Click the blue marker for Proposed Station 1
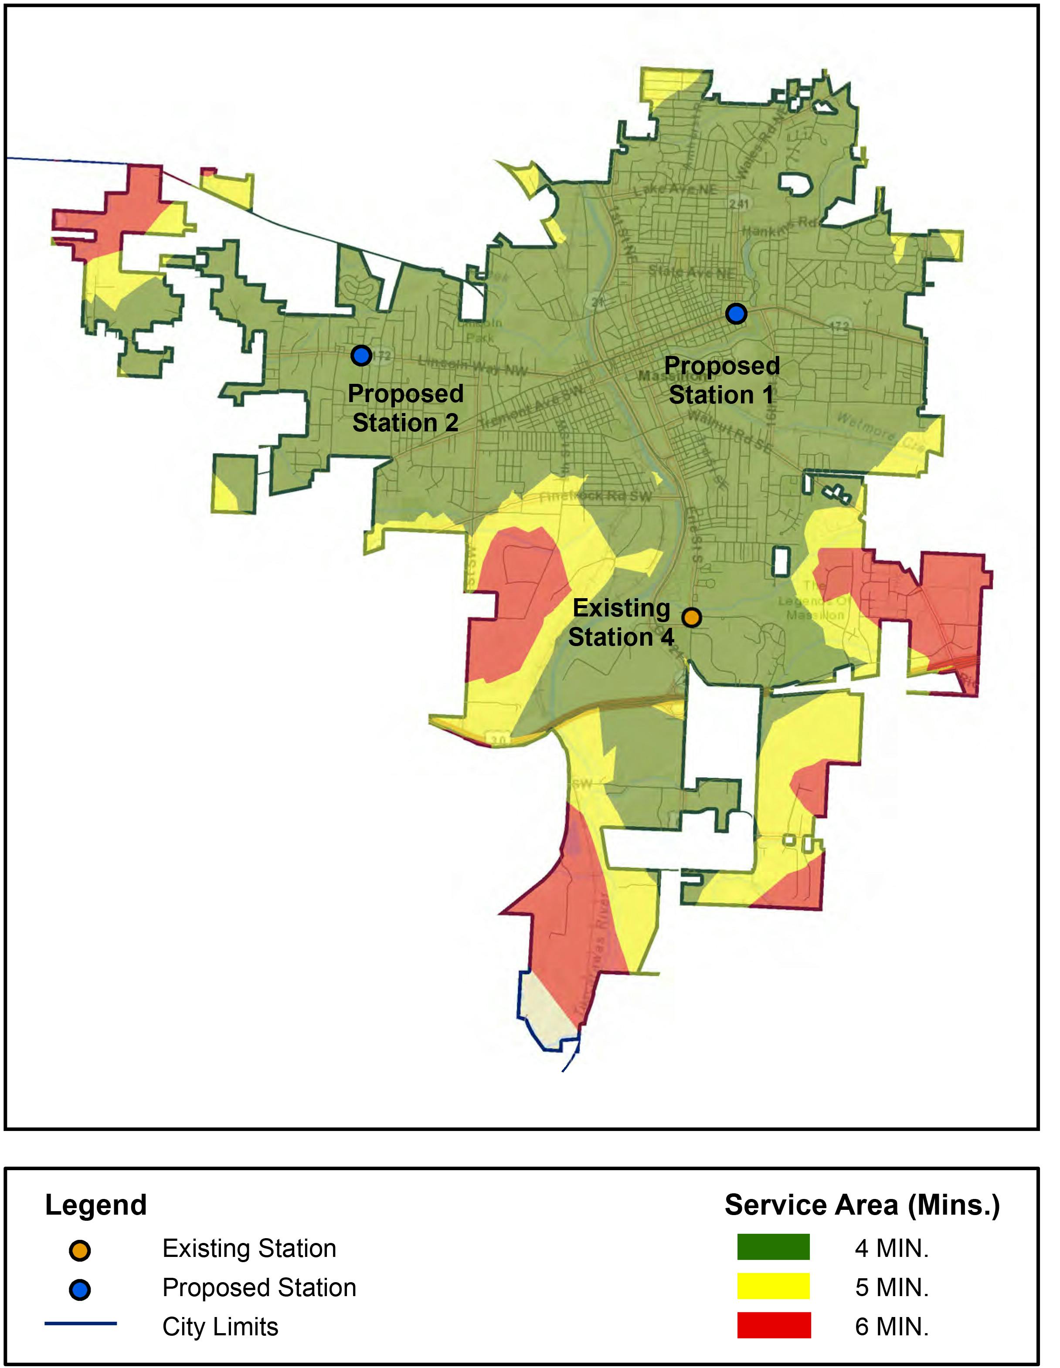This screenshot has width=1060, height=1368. coord(736,313)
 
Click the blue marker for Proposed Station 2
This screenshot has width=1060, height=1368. coord(361,356)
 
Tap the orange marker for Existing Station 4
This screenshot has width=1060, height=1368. coord(691,618)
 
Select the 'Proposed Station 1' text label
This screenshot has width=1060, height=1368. coord(722,380)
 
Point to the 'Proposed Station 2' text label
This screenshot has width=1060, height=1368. coord(405,408)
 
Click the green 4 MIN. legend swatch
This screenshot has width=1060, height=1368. coord(773,1247)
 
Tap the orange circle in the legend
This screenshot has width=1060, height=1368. coord(80,1251)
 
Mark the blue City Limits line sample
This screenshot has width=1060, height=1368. coord(80,1324)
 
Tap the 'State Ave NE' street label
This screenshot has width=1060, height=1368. coord(692,272)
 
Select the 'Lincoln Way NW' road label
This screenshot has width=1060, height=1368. coord(473,366)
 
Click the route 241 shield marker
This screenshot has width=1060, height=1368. coord(739,203)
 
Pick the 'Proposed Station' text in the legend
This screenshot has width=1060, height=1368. coord(259,1288)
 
